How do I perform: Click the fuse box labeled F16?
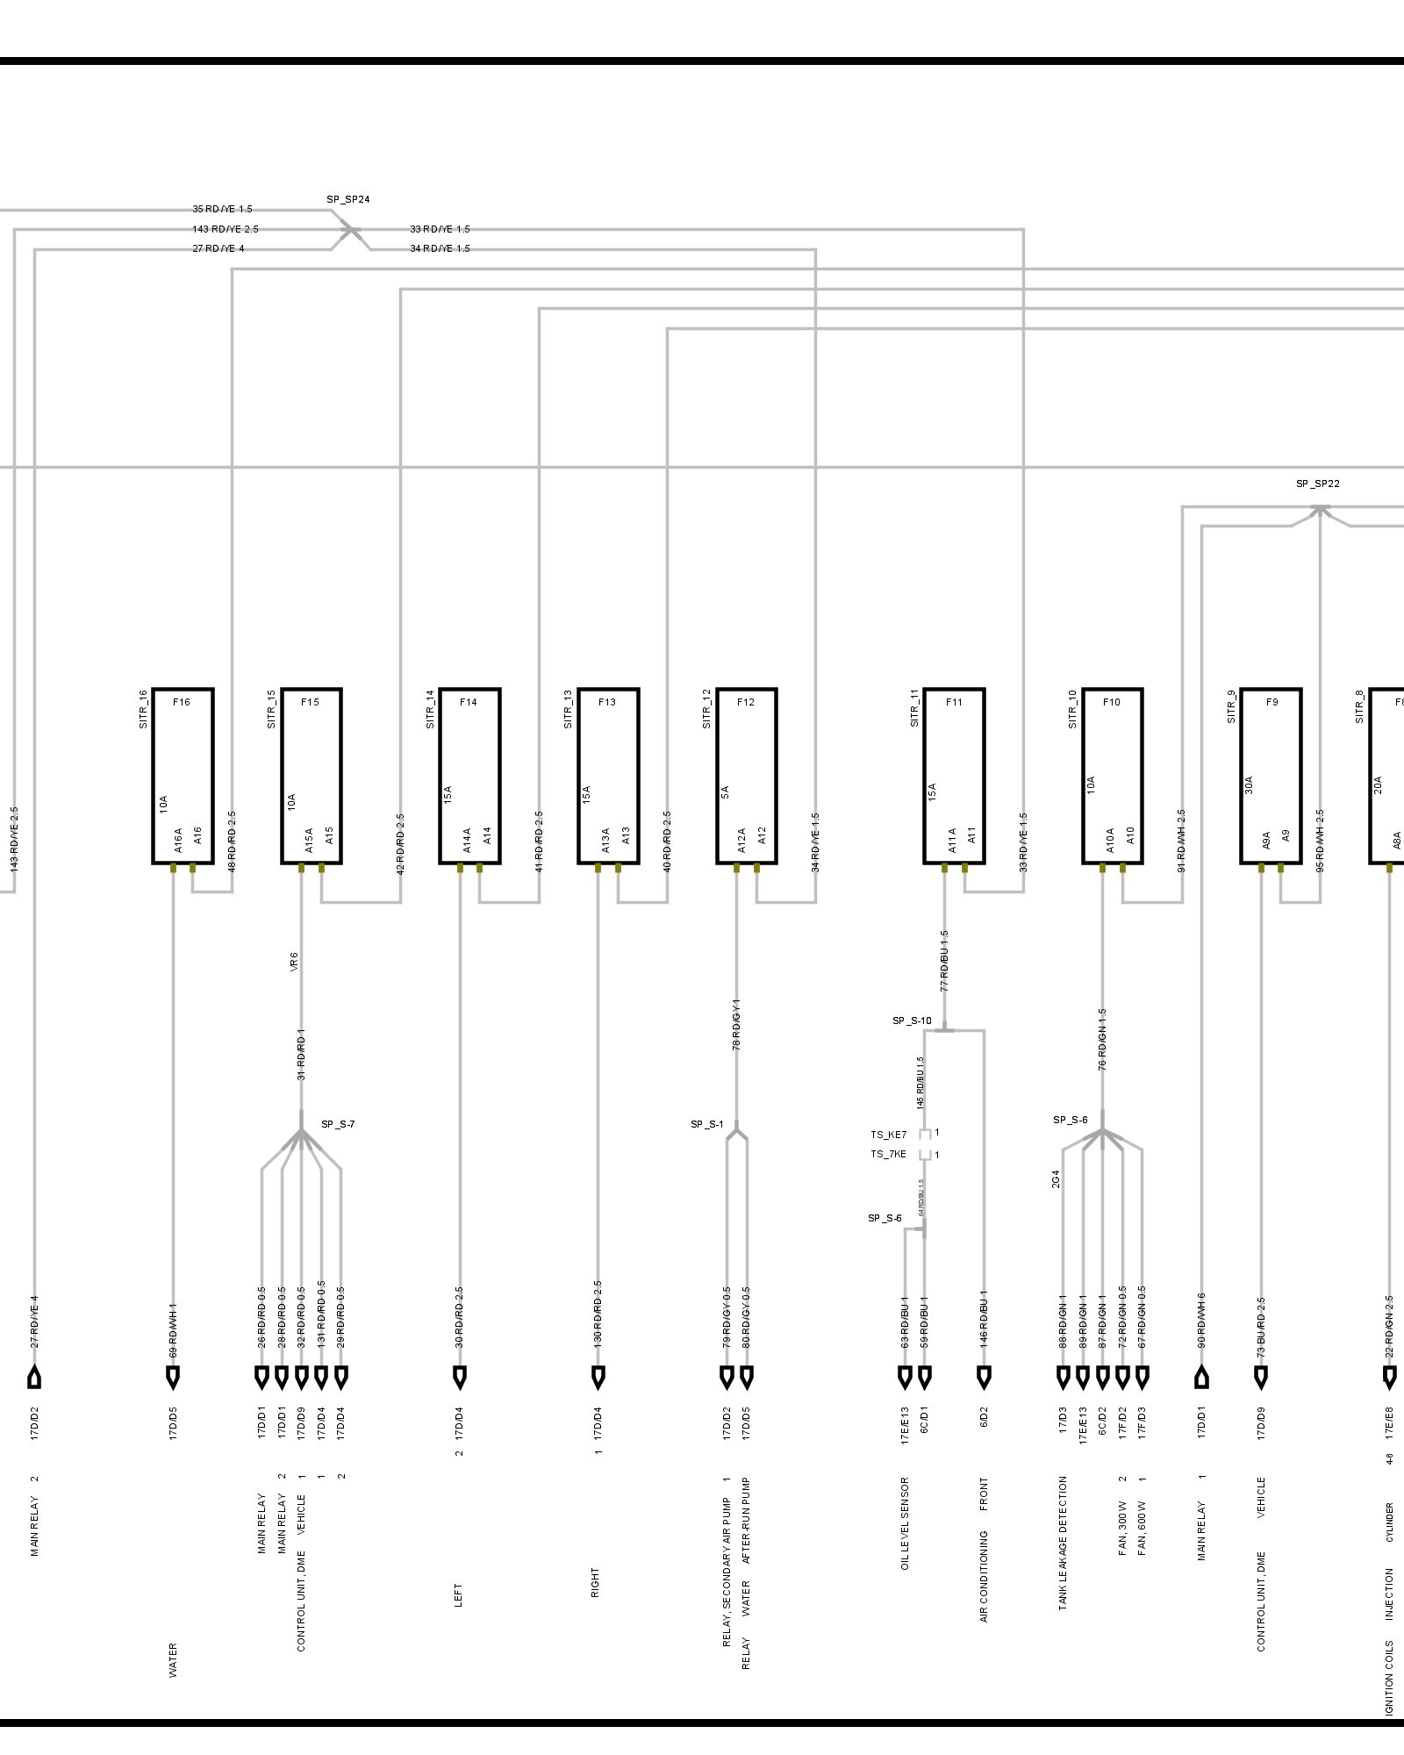click(x=183, y=776)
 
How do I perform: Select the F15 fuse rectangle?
click(x=312, y=776)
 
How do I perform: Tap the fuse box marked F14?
click(x=469, y=776)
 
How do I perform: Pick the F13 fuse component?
click(x=608, y=776)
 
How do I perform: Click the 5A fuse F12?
click(x=747, y=776)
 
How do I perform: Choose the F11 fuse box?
click(x=954, y=776)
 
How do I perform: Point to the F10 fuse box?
click(x=1112, y=776)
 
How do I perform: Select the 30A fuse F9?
click(x=1270, y=776)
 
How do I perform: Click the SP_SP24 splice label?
click(x=348, y=199)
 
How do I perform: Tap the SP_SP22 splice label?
click(x=1317, y=484)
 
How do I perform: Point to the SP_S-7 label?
click(x=338, y=1124)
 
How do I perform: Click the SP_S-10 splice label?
click(x=912, y=1021)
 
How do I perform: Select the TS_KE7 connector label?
click(x=889, y=1135)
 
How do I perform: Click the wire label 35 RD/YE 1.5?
click(x=222, y=210)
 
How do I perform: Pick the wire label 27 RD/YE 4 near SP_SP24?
click(x=218, y=248)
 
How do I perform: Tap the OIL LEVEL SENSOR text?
click(x=905, y=1523)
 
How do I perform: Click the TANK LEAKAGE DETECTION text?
click(x=1063, y=1542)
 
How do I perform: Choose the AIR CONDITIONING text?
click(x=984, y=1576)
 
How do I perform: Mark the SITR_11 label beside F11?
click(x=914, y=709)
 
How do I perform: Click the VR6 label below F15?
click(x=294, y=962)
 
